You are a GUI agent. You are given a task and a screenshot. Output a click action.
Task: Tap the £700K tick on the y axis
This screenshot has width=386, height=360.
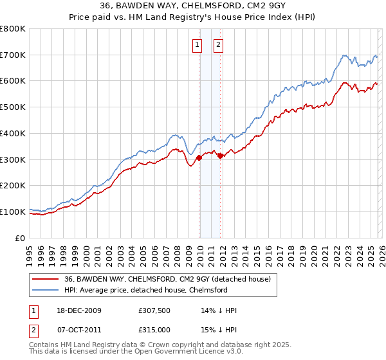coord(13,55)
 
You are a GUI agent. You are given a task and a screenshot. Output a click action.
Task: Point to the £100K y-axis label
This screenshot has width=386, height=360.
coord(13,212)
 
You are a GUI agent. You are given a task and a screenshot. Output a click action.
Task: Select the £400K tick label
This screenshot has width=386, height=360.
coord(13,133)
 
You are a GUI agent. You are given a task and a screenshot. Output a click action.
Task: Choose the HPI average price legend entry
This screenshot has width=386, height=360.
coord(146,290)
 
